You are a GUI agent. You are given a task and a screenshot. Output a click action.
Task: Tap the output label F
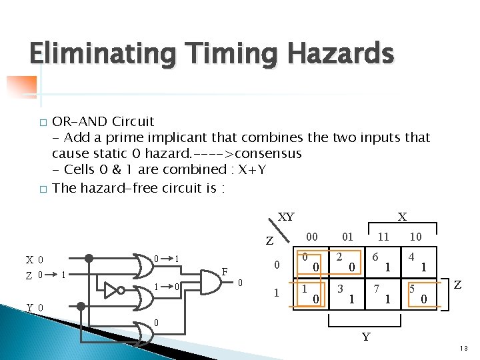225,271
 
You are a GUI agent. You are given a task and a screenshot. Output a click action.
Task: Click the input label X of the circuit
30,259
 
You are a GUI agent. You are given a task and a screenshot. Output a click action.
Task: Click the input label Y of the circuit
30,307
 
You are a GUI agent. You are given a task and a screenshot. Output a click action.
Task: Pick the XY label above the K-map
285,217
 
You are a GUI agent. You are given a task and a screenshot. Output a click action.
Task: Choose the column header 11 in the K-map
383,236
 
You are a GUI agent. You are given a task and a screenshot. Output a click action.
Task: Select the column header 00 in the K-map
311,236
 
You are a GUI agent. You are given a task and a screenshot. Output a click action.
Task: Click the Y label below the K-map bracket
365,337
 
